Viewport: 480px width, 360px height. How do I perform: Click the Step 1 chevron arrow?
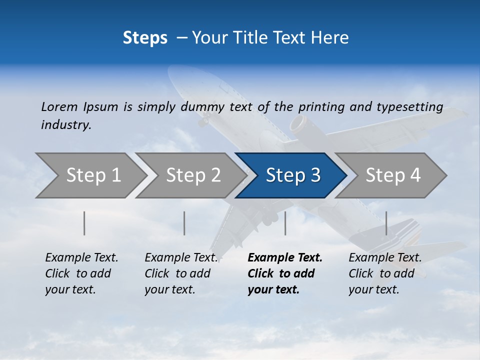click(x=90, y=175)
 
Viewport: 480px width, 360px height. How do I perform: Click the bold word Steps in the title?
click(x=145, y=38)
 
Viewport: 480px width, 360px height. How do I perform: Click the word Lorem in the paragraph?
click(x=59, y=106)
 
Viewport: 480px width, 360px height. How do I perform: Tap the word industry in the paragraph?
click(x=65, y=125)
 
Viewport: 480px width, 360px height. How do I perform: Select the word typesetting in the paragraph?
click(x=409, y=107)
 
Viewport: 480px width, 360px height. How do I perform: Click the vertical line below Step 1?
click(x=84, y=223)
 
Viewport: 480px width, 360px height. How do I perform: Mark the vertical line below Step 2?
click(x=184, y=223)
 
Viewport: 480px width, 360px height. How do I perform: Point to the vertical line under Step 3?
click(x=285, y=223)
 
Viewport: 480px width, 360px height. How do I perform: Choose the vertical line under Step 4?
click(x=386, y=223)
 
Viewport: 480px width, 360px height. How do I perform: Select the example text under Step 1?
click(x=81, y=273)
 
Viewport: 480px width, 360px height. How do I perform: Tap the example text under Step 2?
click(x=180, y=273)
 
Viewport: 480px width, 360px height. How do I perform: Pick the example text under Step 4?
click(x=384, y=273)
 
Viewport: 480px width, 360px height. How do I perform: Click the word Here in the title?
click(x=330, y=38)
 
